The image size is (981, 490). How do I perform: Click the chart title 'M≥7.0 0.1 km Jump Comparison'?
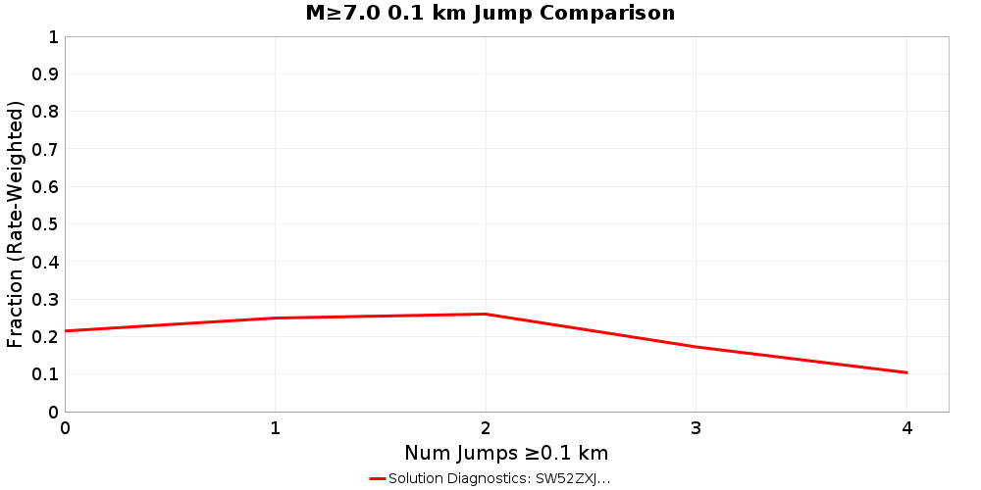[490, 14]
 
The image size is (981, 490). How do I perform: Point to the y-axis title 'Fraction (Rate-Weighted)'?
[16, 224]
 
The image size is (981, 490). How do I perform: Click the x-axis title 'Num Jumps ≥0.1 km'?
[506, 453]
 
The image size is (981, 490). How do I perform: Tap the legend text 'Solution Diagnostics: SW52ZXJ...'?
[499, 478]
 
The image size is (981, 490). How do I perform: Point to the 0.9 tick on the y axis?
[46, 74]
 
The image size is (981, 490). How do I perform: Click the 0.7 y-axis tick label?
[46, 149]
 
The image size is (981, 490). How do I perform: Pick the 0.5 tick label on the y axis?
[46, 224]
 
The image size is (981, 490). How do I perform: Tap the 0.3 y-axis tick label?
[46, 299]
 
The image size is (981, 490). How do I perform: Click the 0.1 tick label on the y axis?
[46, 374]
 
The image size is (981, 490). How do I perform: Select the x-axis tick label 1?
[276, 428]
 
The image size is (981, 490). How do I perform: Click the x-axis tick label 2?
[486, 428]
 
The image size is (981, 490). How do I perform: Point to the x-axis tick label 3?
[697, 428]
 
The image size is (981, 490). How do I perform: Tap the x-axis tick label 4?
[906, 428]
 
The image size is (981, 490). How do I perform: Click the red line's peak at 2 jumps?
[486, 314]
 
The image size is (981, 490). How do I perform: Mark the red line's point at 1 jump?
[276, 318]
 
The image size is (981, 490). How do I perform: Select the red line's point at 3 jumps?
[697, 347]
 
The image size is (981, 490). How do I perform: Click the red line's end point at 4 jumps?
[906, 372]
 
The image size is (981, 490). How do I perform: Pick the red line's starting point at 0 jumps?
[66, 330]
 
